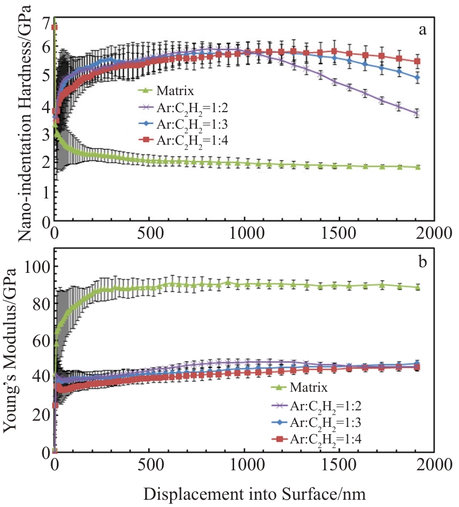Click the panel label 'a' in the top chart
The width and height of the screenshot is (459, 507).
tap(422, 30)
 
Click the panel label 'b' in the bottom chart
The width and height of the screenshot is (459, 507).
tap(423, 263)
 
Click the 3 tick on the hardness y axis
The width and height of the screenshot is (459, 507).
tap(47, 134)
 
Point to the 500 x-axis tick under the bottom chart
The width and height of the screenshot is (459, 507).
tap(149, 464)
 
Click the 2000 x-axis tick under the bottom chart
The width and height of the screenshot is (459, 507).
tap(434, 464)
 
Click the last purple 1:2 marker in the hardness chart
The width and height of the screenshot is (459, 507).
tap(417, 112)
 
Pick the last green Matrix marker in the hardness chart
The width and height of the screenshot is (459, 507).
tap(417, 167)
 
